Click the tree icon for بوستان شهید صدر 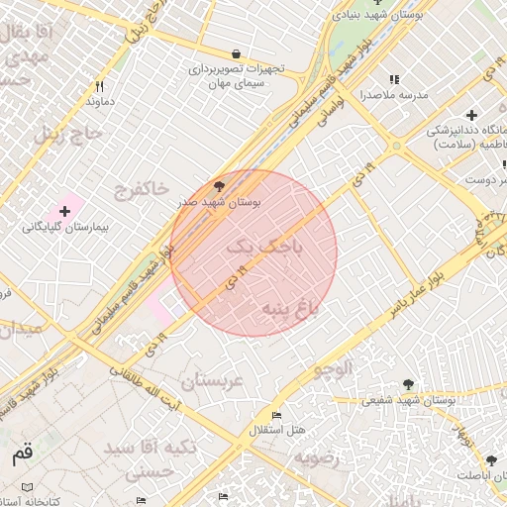[x=219, y=185]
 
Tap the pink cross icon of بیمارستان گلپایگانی [x=65, y=211]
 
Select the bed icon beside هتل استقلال [x=276, y=415]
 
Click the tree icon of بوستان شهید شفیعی [x=408, y=384]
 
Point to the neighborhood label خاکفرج [x=136, y=187]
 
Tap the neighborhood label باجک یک [x=260, y=248]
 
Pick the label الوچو [x=333, y=369]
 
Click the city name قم [x=22, y=456]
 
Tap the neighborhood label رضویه [x=316, y=457]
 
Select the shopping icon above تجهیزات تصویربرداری [x=235, y=53]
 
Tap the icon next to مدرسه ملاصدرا [x=394, y=79]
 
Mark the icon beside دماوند [x=100, y=86]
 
